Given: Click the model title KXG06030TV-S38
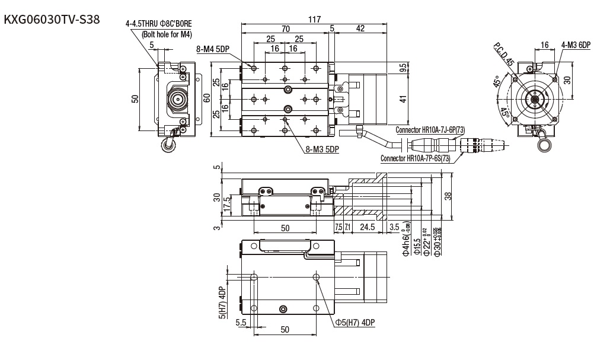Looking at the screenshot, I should pos(52,20).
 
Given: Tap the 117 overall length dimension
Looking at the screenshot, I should pos(314,20).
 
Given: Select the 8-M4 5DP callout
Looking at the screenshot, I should pos(213,50).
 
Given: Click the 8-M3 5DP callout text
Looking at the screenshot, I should pos(322,150).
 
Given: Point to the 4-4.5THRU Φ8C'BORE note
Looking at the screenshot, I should pos(158,24).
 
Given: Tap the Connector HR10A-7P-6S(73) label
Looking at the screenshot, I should pos(415,158).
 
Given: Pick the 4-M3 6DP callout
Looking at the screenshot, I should pos(576,44).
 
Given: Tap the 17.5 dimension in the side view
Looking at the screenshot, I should pos(226,205).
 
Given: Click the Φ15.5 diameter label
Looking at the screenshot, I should pos(417,244).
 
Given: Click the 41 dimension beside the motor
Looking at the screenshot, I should pos(404,99).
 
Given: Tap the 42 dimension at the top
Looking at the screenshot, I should pos(360,28).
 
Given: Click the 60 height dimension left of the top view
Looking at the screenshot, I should pos(206,97).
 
